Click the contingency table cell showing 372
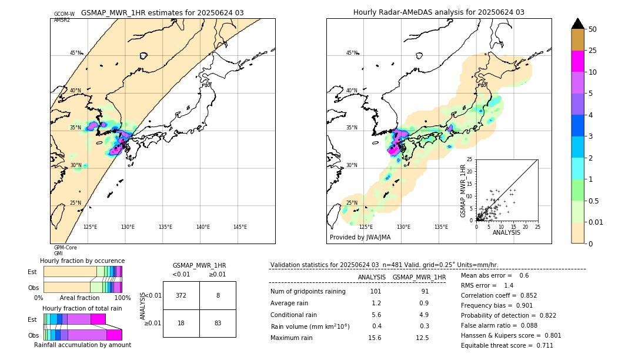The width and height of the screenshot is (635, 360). [181, 295]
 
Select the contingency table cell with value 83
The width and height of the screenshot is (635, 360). [218, 323]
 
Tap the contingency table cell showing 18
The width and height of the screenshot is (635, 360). [181, 323]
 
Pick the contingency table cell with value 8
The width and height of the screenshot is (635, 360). [218, 295]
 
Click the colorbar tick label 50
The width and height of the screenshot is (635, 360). [593, 29]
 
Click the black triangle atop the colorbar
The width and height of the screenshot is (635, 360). [577, 24]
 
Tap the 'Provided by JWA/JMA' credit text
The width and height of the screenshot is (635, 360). [360, 238]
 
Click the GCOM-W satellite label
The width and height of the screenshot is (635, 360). [64, 14]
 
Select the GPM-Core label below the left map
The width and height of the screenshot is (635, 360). [65, 248]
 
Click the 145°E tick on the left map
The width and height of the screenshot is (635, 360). [240, 227]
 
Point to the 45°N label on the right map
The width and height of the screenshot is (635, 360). [352, 53]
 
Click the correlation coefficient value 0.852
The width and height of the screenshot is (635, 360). [523, 296]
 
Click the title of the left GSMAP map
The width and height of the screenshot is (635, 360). [162, 12]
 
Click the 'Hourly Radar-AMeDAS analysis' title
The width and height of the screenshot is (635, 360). [439, 12]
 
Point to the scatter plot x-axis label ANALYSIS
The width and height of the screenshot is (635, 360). [506, 233]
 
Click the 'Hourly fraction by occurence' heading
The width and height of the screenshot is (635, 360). [82, 261]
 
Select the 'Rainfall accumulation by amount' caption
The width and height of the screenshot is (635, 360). [82, 345]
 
